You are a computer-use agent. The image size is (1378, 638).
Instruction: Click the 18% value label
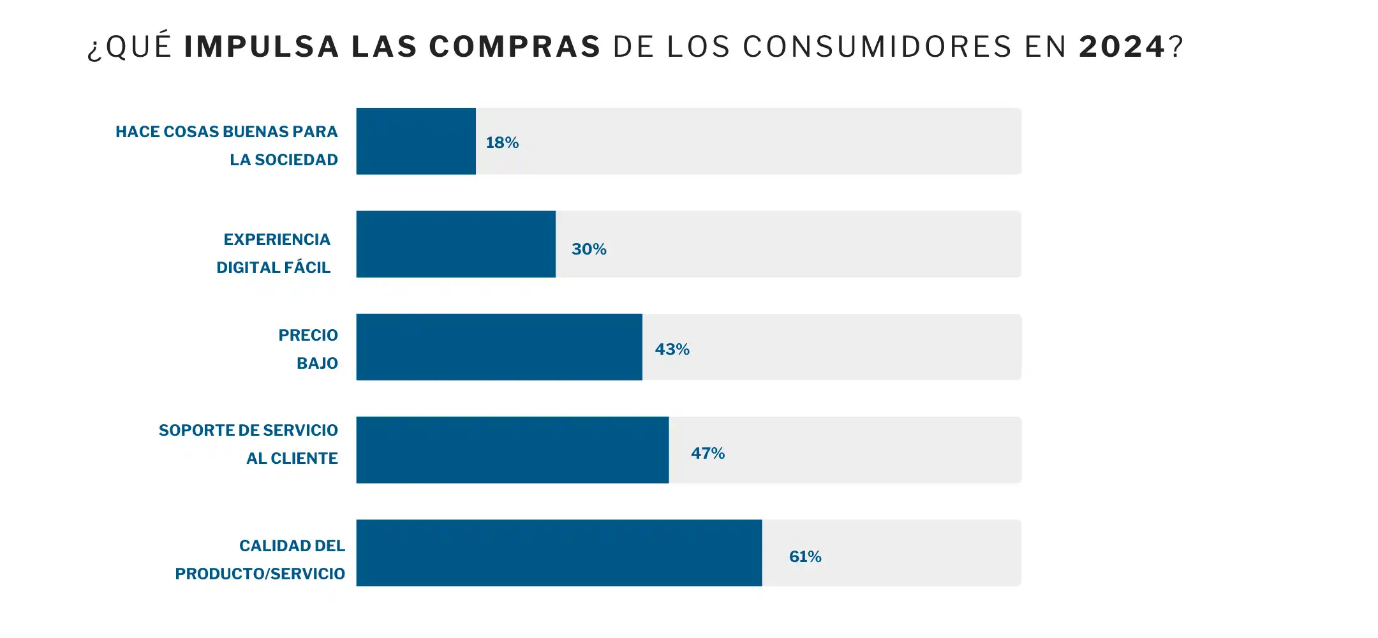[502, 142]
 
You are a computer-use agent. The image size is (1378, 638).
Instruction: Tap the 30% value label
[588, 249]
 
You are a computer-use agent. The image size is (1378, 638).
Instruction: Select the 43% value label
[672, 349]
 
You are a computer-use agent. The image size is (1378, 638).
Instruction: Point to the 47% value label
[708, 453]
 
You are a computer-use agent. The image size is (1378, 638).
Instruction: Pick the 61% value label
[805, 556]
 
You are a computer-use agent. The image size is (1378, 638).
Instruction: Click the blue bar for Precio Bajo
[499, 347]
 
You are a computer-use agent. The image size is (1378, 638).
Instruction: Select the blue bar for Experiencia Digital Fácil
[456, 244]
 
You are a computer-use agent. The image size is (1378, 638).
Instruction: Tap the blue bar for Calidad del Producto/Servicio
[559, 553]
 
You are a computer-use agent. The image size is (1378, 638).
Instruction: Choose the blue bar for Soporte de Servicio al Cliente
[512, 450]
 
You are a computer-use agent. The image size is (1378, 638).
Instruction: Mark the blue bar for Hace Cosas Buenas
[416, 141]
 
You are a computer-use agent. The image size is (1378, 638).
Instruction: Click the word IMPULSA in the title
[262, 47]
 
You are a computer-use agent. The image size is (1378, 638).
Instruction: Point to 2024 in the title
[1122, 47]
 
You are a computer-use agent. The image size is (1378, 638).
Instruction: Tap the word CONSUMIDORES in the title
[877, 47]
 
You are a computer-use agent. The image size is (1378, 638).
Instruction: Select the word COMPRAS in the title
[515, 47]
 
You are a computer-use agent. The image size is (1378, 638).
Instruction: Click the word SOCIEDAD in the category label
[296, 159]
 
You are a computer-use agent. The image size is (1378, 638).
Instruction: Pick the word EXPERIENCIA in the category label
[277, 239]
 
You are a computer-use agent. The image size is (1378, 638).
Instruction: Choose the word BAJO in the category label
[317, 363]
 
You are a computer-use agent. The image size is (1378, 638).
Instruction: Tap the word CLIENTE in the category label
[304, 458]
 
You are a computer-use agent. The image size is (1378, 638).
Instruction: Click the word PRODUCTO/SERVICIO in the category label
[260, 574]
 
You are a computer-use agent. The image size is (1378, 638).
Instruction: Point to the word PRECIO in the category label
[308, 335]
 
